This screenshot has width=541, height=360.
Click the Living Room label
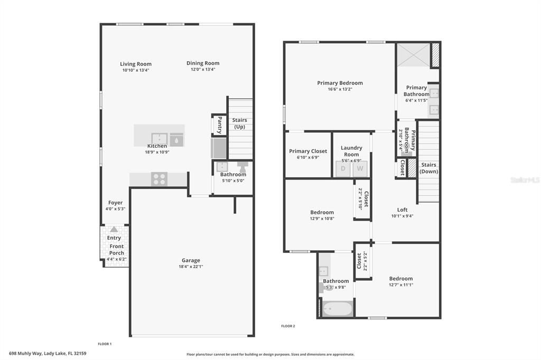[x=136, y=64]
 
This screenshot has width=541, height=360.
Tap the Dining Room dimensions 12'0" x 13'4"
[x=203, y=69]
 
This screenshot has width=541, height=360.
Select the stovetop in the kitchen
[x=159, y=179]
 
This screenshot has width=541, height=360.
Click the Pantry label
[x=219, y=125]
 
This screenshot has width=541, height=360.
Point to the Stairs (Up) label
[x=240, y=124]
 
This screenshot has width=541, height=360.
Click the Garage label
[x=191, y=260]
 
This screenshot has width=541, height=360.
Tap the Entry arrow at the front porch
[x=114, y=230]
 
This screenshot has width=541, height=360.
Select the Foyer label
[x=115, y=203]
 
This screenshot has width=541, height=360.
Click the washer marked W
[x=360, y=169]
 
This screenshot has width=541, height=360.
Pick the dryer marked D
[x=342, y=169]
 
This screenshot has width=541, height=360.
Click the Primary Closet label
[x=308, y=151]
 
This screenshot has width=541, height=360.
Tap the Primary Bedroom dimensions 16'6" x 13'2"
[x=340, y=89]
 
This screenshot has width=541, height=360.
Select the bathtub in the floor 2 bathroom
[x=338, y=308]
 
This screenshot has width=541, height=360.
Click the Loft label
[x=403, y=210]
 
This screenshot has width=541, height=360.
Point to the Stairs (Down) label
[x=429, y=168]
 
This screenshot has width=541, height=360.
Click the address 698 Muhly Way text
[x=47, y=354]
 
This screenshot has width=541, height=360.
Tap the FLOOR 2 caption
[x=288, y=326]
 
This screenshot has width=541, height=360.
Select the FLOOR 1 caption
[x=105, y=344]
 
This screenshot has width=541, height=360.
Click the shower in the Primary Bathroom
[x=414, y=54]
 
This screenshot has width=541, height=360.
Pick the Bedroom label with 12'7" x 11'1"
[x=401, y=279]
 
